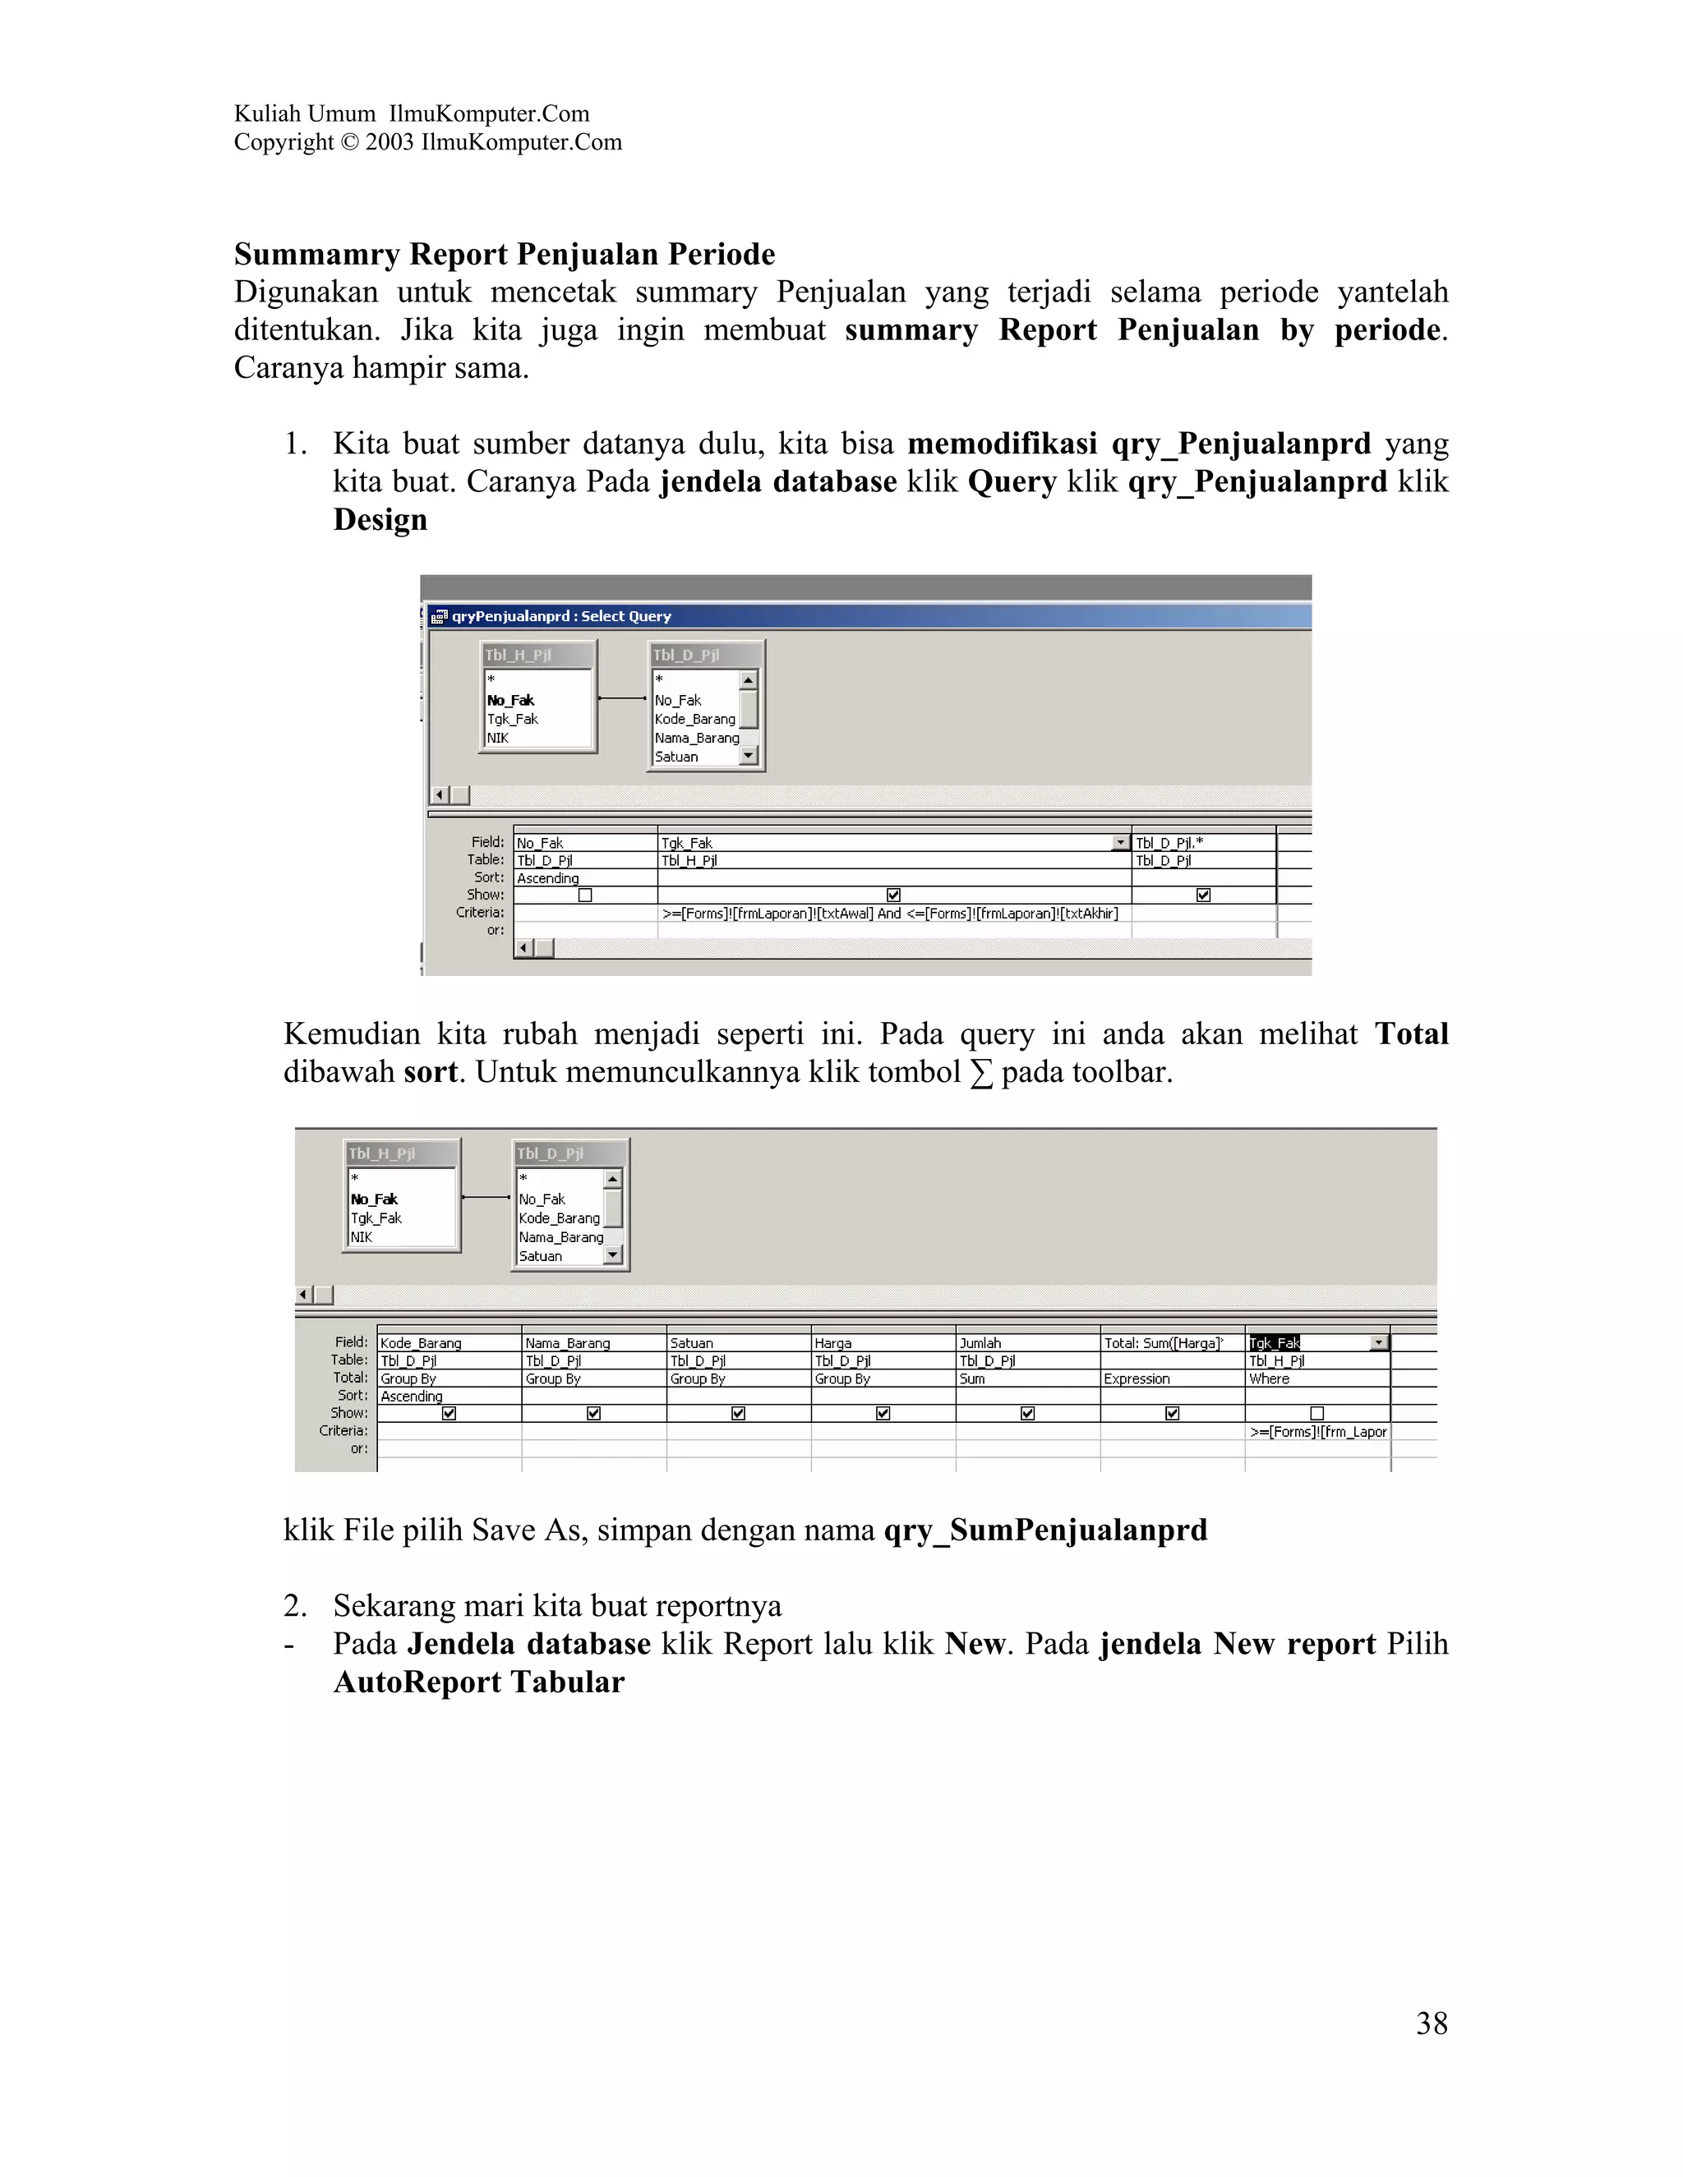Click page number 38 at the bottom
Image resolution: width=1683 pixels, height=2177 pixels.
click(1431, 2023)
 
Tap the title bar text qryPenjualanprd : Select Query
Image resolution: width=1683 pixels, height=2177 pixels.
click(561, 616)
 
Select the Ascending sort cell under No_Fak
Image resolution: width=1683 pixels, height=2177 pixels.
click(547, 878)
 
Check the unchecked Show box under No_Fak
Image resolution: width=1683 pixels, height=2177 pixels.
click(585, 895)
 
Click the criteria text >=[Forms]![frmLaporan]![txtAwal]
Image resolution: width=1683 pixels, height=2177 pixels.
click(767, 913)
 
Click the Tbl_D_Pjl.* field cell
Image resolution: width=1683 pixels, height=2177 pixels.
click(1169, 842)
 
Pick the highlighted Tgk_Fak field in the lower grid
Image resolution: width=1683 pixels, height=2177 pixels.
click(1275, 1342)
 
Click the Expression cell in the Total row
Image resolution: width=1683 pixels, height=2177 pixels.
click(1137, 1378)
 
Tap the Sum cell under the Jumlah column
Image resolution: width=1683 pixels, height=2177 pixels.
click(972, 1378)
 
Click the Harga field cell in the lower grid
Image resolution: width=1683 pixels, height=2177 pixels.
click(833, 1342)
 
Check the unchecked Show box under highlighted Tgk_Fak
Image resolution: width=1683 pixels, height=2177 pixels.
click(1317, 1414)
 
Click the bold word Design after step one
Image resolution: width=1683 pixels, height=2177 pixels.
click(380, 519)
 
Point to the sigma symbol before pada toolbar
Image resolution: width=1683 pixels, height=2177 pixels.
click(981, 1074)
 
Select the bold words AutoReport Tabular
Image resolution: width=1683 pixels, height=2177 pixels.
click(478, 1682)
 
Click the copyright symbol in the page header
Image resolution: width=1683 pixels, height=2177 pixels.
click(348, 143)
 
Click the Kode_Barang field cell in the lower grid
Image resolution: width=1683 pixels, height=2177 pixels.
click(421, 1342)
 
